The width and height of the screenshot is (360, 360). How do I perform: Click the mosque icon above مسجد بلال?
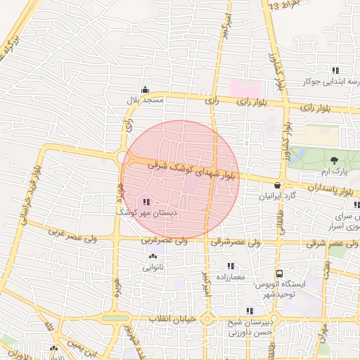pyautogui.click(x=146, y=89)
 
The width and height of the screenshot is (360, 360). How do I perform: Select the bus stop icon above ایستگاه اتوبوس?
pyautogui.click(x=280, y=273)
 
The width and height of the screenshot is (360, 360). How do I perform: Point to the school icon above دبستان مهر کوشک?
pyautogui.click(x=146, y=202)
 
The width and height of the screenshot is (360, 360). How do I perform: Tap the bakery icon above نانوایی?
pyautogui.click(x=153, y=257)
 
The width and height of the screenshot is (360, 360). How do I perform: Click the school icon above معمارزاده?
pyautogui.click(x=230, y=266)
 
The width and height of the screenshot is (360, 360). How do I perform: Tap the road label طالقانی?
pyautogui.click(x=283, y=215)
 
